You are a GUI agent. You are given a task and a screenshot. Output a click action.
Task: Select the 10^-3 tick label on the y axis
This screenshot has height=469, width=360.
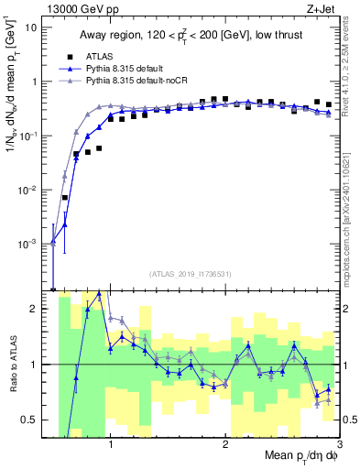coord(28,245)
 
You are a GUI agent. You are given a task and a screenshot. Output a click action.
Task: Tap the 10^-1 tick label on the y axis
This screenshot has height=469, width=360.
coord(28,136)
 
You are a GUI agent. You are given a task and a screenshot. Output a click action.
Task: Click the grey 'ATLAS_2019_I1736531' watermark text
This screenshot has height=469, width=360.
coord(190,273)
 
